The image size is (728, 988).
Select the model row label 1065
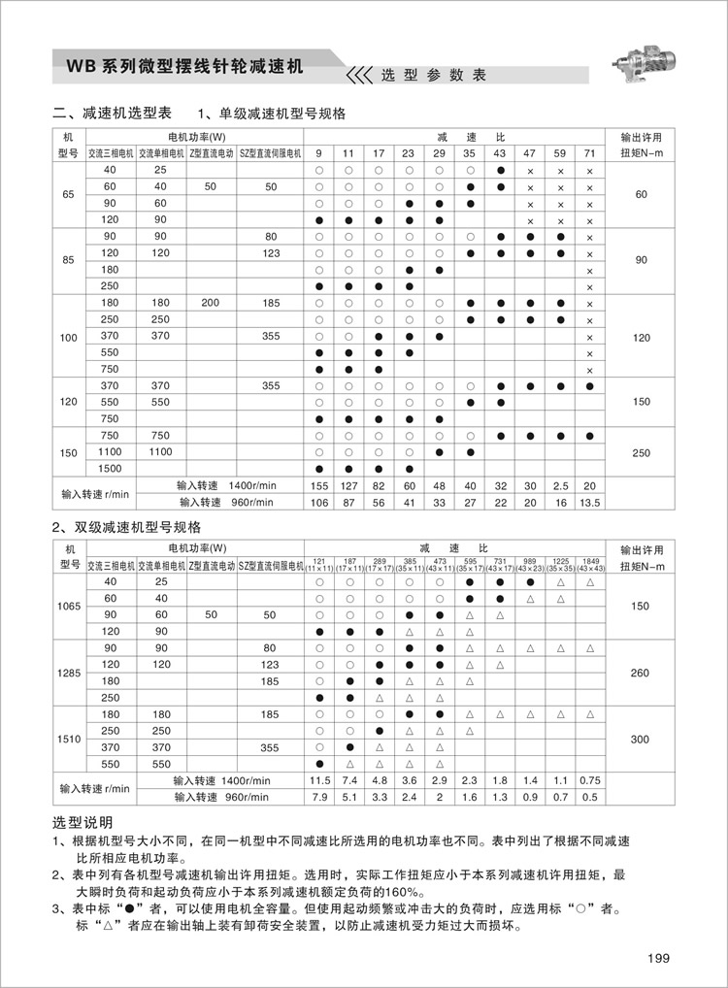pyautogui.click(x=68, y=606)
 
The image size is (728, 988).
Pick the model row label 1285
pyautogui.click(x=68, y=673)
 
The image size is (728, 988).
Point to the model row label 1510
pyautogui.click(x=68, y=739)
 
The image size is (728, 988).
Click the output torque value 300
pyautogui.click(x=640, y=739)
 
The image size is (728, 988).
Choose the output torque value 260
pyautogui.click(x=640, y=673)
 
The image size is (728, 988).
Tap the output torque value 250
pyautogui.click(x=640, y=452)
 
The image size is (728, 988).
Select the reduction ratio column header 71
pyautogui.click(x=589, y=153)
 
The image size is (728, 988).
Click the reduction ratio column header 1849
pyautogui.click(x=590, y=562)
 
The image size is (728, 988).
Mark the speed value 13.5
pyautogui.click(x=589, y=502)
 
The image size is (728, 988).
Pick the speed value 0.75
pyautogui.click(x=589, y=780)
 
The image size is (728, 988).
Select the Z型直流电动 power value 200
pyautogui.click(x=212, y=303)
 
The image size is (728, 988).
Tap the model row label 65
pyautogui.click(x=68, y=195)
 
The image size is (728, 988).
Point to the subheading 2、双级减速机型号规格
pyautogui.click(x=126, y=527)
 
